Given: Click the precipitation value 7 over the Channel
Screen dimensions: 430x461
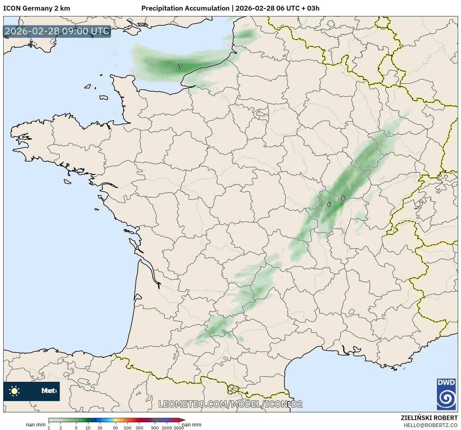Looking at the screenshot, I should [x=180, y=66].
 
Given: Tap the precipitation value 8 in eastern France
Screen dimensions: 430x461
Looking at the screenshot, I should [x=343, y=198].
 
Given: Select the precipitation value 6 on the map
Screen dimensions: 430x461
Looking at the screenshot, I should [x=329, y=204].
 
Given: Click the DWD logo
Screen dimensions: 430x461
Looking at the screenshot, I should [x=446, y=394].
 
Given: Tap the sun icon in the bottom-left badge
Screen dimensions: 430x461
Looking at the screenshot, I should [x=14, y=391].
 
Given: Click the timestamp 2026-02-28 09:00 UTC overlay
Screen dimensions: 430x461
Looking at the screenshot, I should [x=57, y=31].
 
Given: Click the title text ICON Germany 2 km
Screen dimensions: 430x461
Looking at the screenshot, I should [x=36, y=8].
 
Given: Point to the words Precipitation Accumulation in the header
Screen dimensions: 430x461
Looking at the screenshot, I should [x=185, y=8].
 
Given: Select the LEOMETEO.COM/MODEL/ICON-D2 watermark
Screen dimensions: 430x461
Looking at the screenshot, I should [x=230, y=404].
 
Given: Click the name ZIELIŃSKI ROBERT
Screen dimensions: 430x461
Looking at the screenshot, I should [x=429, y=418].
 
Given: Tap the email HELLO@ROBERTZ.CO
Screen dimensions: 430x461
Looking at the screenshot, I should [x=430, y=425].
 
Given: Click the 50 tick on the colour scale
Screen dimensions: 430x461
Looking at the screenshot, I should [x=115, y=427].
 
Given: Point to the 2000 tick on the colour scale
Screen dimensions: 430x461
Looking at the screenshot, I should [x=179, y=427].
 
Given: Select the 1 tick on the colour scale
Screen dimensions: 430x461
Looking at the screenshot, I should [x=49, y=427].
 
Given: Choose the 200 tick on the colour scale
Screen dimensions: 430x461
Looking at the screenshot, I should [x=139, y=427].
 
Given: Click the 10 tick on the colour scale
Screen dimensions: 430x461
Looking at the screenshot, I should [x=88, y=427].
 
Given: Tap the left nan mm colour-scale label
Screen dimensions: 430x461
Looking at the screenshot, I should [x=36, y=425].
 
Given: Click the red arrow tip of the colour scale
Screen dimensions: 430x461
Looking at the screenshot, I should [x=183, y=420].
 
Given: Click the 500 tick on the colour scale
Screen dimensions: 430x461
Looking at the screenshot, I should [x=155, y=427].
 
